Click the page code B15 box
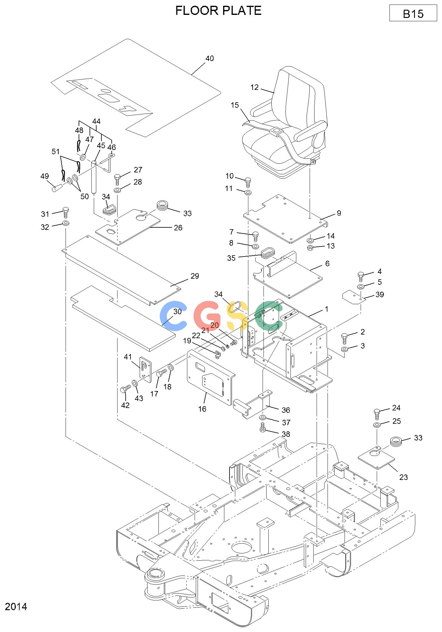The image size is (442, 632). (x=413, y=13)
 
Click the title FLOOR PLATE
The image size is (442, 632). (x=218, y=11)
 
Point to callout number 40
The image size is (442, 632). (x=210, y=58)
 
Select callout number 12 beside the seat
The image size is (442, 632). (x=254, y=87)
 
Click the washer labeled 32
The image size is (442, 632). (x=66, y=224)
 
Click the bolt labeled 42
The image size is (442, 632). (x=125, y=389)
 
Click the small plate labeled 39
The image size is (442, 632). (x=354, y=297)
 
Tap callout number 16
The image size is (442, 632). (x=202, y=409)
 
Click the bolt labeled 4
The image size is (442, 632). (x=361, y=276)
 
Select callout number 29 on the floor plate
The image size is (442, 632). (x=195, y=276)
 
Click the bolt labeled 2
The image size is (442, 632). (x=345, y=338)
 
